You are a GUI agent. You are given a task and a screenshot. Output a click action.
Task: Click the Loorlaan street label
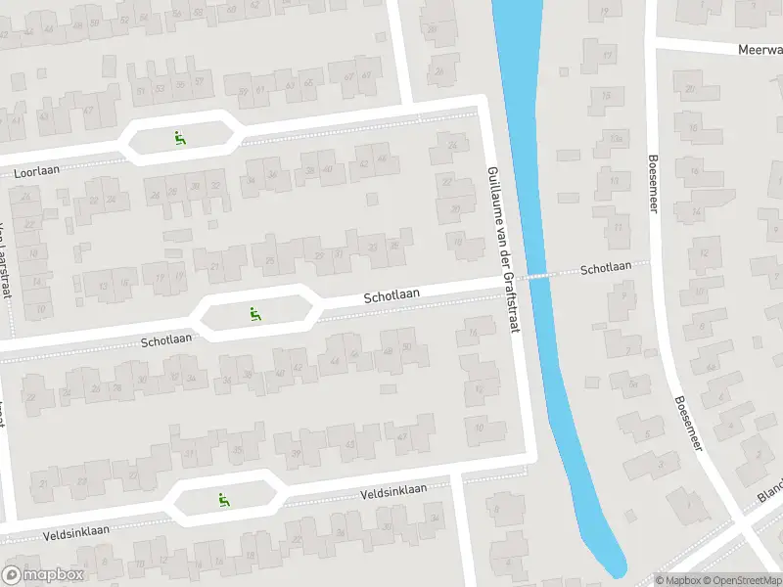[x=37, y=171]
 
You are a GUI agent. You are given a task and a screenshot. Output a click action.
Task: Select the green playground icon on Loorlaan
[x=179, y=139]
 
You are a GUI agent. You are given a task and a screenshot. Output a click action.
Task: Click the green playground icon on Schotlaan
[x=255, y=313]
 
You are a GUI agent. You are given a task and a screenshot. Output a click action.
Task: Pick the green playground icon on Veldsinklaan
[x=223, y=499]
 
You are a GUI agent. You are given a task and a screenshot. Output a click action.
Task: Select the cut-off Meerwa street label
[x=760, y=49]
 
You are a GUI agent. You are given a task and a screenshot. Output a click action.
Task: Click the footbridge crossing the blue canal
[x=536, y=276]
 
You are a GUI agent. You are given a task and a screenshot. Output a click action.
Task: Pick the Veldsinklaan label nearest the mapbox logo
[x=75, y=532]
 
